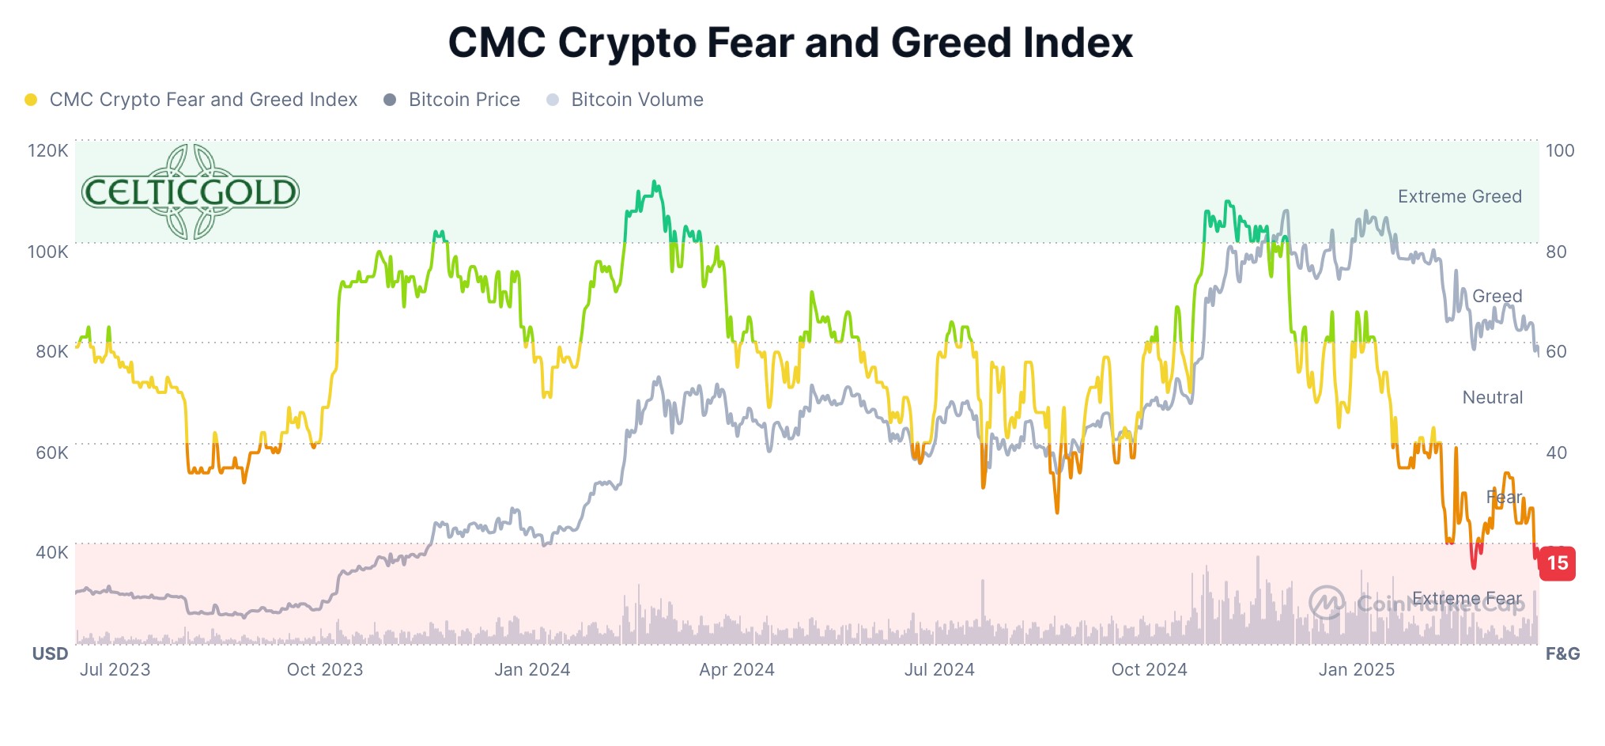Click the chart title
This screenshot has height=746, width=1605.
tap(790, 43)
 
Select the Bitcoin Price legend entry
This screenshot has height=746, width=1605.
tap(463, 100)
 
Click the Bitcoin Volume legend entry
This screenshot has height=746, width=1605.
tap(636, 100)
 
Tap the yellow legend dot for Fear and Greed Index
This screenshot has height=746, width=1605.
tap(31, 100)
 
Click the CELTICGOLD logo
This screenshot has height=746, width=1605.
tap(190, 191)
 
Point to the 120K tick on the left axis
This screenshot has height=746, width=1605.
tap(48, 150)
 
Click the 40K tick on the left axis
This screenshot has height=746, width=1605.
tap(51, 552)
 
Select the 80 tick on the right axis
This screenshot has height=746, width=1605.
tap(1556, 252)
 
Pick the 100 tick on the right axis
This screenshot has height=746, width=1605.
tap(1560, 150)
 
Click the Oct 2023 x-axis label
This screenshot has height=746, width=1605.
tap(324, 669)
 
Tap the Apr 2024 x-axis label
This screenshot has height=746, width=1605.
tap(737, 669)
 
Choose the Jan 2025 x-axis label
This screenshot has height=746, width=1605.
tap(1356, 669)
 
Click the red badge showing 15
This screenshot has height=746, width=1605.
tap(1557, 563)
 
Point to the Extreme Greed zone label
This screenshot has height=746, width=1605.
tap(1460, 196)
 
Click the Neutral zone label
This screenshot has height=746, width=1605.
tap(1492, 397)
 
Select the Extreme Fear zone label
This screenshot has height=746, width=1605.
tap(1467, 598)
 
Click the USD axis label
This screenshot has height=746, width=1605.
tap(50, 653)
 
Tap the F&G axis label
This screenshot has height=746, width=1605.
tap(1562, 653)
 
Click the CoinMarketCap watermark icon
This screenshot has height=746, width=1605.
tap(1327, 603)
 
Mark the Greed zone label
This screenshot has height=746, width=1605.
tap(1497, 296)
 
